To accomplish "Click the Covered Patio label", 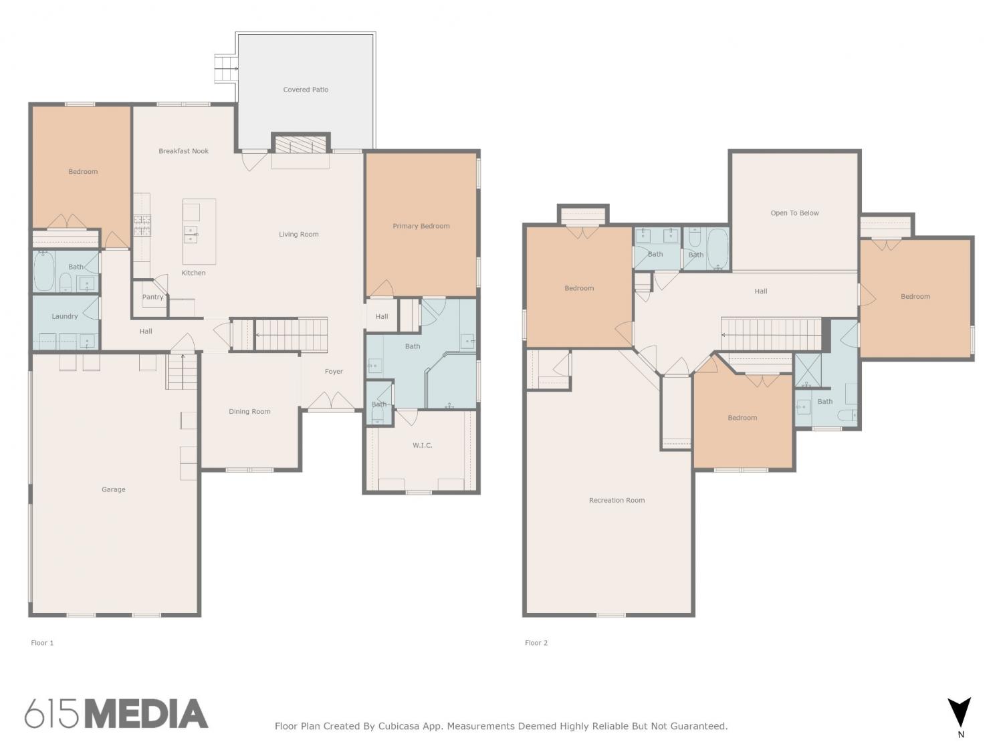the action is [x=306, y=90].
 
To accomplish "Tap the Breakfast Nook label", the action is [x=183, y=150].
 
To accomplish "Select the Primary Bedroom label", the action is [x=421, y=226].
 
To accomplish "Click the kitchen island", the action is [x=199, y=231].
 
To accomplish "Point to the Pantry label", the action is [x=152, y=297].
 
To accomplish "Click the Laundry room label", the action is [x=64, y=316].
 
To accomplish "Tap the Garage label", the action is [x=113, y=489].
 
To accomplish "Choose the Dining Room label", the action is [x=249, y=411].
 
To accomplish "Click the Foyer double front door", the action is [x=331, y=401].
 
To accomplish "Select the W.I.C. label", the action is [x=422, y=445].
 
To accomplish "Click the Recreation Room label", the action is [x=617, y=500].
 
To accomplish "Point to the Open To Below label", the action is [x=794, y=213].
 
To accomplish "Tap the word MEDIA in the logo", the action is [x=147, y=714].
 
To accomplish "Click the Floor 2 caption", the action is [x=536, y=643].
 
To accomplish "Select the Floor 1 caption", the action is [x=42, y=643].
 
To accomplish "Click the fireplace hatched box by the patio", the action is [x=301, y=144].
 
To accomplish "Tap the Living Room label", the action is [x=299, y=234].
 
